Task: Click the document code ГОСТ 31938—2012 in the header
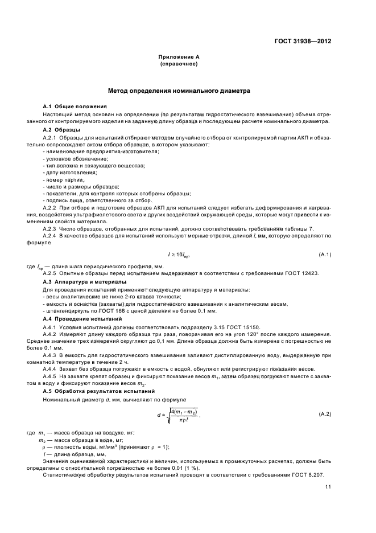click(x=303, y=42)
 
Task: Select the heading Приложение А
click(x=179, y=58)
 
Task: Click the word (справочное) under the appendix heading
click(x=179, y=64)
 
